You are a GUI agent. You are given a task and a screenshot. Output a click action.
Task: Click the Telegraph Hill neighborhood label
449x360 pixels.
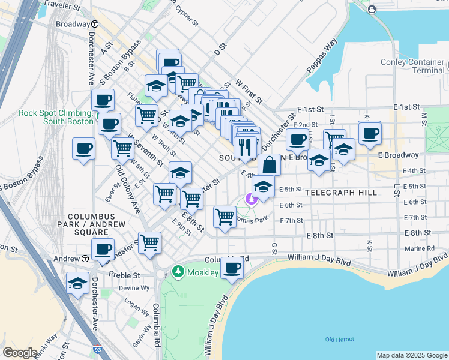point(341,193)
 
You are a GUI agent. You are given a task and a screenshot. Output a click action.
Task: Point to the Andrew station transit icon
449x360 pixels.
point(85,259)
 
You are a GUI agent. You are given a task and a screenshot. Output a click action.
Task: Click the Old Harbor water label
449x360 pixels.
point(337,340)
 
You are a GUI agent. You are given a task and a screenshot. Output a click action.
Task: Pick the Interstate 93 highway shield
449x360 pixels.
point(97,349)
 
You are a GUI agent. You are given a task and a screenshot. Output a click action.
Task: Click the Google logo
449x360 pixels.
point(19,353)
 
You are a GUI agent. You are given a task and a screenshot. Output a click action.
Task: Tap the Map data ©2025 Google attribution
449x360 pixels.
point(412,355)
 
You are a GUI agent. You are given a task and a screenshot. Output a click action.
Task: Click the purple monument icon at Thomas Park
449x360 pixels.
point(251,199)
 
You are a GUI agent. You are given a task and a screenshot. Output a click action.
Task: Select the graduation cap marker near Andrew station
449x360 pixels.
point(78,283)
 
